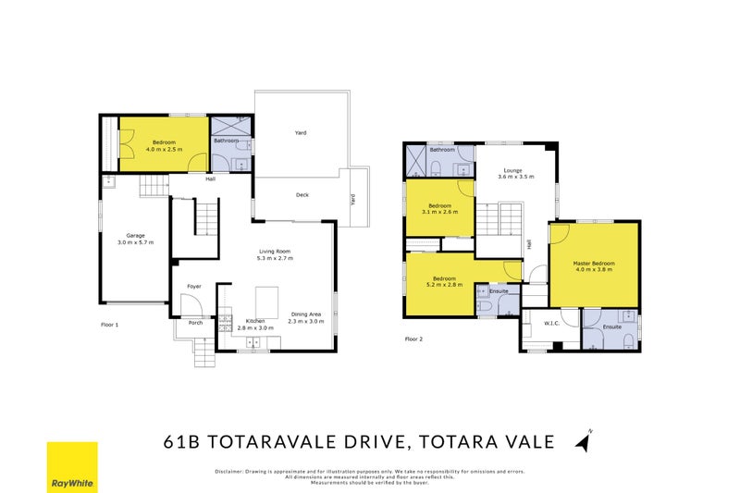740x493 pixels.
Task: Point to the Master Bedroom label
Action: tap(594, 264)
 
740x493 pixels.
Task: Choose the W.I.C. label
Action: tap(550, 324)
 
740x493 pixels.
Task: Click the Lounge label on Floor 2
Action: tap(512, 170)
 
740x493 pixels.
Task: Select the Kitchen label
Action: tap(254, 320)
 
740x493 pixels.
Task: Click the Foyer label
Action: tap(194, 286)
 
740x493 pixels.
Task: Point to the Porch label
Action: tap(195, 323)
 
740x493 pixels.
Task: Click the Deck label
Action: tap(302, 194)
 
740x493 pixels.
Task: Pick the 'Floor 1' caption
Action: tap(110, 325)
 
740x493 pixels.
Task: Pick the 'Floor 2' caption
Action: tap(413, 339)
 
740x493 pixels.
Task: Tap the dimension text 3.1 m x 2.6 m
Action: tap(439, 213)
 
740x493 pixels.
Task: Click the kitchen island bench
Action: tap(266, 301)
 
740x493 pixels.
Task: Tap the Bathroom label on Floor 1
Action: tap(227, 141)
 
